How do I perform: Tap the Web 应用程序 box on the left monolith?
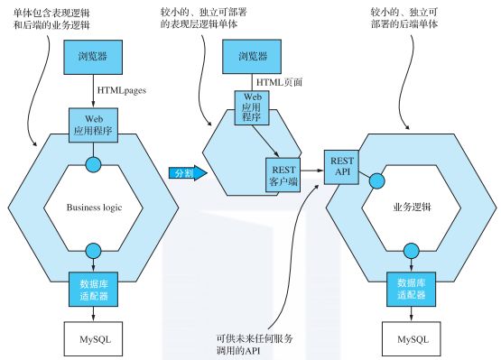tap(95, 121)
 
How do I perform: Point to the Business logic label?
tap(95, 207)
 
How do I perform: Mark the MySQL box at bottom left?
tap(95, 339)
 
